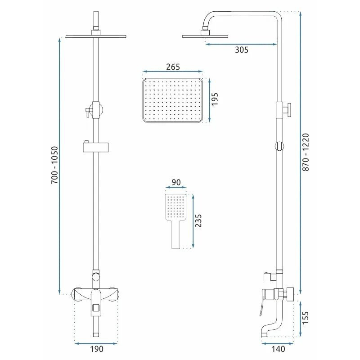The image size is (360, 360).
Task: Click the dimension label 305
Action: pos(242,50)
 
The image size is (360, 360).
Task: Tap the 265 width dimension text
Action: pos(173,67)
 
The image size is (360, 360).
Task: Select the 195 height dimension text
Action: pos(215,99)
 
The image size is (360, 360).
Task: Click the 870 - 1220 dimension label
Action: pos(306,152)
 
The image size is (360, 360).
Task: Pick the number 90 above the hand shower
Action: pos(176,182)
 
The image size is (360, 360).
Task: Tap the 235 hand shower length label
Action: pos(198,220)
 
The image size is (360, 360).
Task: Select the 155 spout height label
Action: pos(306,318)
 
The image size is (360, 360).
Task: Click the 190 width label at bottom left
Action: pos(97,349)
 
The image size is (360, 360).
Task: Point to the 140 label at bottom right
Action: pos(278,349)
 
